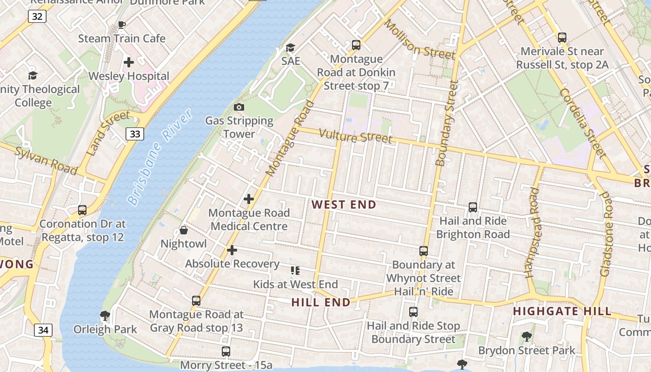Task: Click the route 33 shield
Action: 135,134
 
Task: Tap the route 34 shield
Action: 43,330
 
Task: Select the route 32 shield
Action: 37,17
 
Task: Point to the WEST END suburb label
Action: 344,205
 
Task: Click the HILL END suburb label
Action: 321,303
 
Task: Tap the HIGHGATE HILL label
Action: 562,312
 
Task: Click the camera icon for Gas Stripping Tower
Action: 239,107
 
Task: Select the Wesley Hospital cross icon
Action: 129,62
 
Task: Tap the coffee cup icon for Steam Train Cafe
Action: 122,25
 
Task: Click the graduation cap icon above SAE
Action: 290,47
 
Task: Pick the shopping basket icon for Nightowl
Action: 184,230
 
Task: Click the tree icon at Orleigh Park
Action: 105,316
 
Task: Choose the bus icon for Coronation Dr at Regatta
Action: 82,210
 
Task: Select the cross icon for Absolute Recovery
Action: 232,250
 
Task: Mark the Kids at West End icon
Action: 295,270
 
